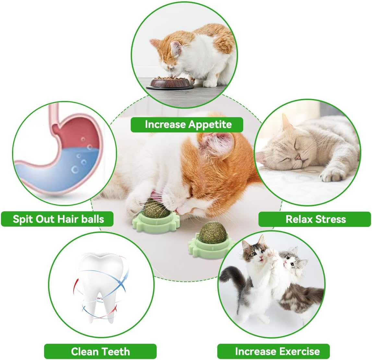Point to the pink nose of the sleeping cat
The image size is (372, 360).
[x=298, y=157]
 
